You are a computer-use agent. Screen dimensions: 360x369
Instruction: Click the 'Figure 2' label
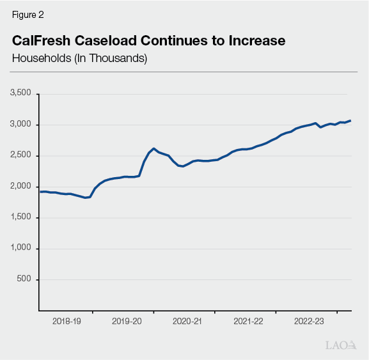click(x=27, y=15)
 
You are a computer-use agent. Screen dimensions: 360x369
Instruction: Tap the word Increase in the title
click(x=253, y=41)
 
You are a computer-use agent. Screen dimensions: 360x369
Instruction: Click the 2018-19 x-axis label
click(x=67, y=322)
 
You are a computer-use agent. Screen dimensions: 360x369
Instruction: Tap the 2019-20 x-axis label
click(x=127, y=322)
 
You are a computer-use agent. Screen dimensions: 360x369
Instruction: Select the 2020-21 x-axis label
click(x=187, y=322)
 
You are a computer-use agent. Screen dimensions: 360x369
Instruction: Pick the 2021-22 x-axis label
click(x=248, y=322)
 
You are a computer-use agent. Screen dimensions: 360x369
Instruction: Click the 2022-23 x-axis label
click(x=309, y=322)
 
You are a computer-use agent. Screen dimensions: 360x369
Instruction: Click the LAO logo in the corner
click(x=340, y=345)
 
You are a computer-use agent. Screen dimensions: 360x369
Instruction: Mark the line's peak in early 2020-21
click(x=154, y=148)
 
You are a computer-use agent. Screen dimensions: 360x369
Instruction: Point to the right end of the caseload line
click(x=350, y=121)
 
